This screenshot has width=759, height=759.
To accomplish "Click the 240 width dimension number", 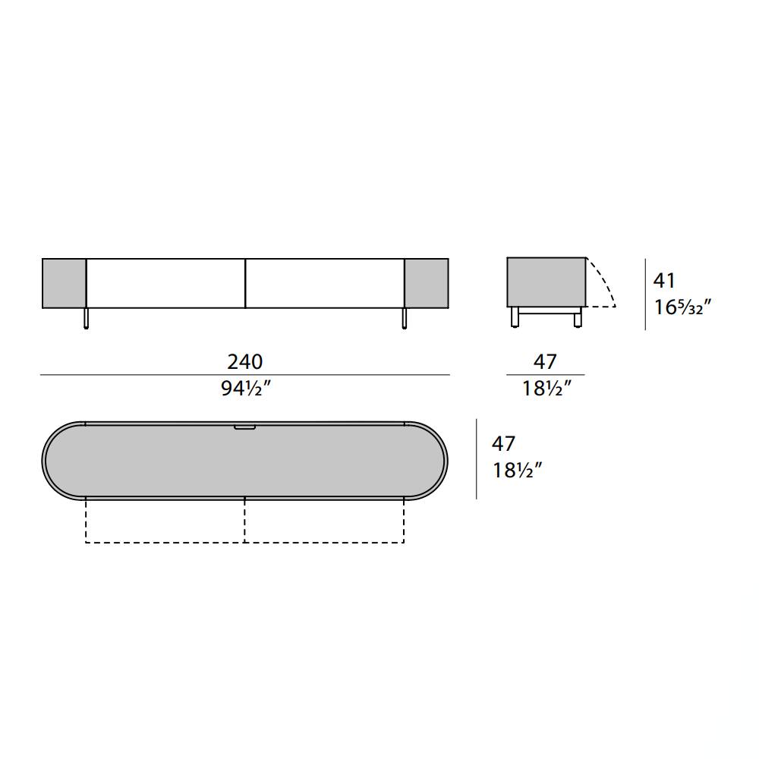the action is click(245, 361).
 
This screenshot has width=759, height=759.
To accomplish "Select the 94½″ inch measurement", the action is click(245, 388).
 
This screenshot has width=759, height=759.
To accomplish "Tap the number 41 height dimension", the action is click(663, 280).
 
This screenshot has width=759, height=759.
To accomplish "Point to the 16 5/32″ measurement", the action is click(682, 307).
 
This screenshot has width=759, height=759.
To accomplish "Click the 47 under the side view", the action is click(546, 361).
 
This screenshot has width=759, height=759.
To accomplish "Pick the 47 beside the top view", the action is click(503, 443).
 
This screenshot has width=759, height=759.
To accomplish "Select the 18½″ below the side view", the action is click(546, 388).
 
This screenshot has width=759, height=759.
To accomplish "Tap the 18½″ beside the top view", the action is click(517, 470).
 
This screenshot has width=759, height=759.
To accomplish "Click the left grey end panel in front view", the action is click(64, 283).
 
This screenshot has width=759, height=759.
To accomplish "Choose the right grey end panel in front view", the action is click(427, 283).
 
